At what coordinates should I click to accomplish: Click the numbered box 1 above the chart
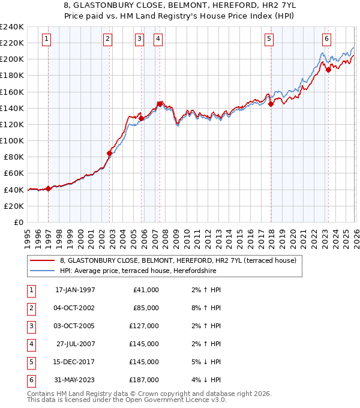click(x=47, y=40)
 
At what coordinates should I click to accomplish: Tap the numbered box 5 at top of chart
click(x=269, y=40)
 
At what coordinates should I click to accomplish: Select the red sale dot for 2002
click(x=109, y=153)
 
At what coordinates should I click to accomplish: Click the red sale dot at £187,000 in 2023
click(x=328, y=70)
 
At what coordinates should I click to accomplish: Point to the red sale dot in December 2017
click(x=271, y=104)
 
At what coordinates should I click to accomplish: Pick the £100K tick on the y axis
click(x=12, y=140)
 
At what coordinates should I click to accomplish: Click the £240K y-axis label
click(x=12, y=27)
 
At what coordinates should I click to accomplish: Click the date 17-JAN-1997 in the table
click(x=75, y=290)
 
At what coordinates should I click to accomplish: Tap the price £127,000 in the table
click(x=144, y=326)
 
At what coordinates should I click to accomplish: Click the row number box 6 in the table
click(x=29, y=380)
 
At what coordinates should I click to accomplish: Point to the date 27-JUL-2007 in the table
click(x=75, y=344)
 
